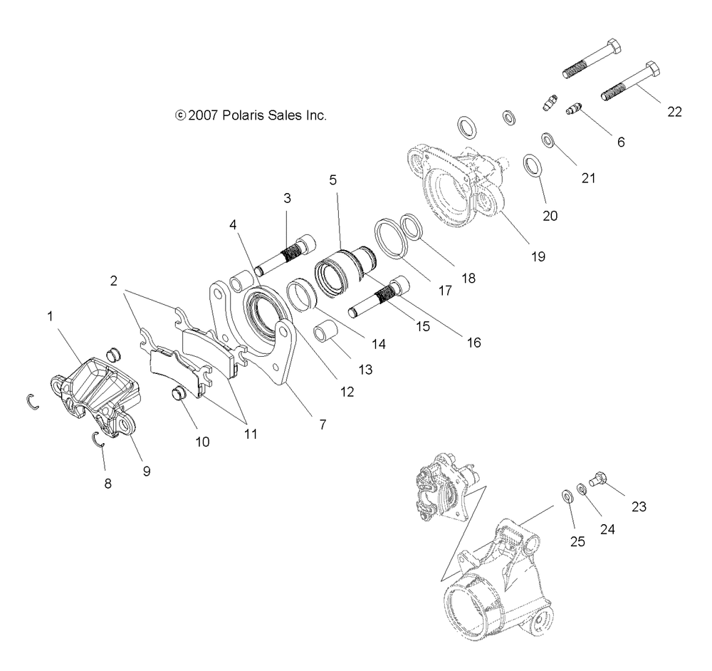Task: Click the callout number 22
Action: (674, 112)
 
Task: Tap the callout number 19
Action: (538, 256)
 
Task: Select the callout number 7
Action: (322, 425)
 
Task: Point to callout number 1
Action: (50, 316)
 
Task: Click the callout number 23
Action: (639, 507)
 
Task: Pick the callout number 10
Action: (202, 442)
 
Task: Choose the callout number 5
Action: (333, 181)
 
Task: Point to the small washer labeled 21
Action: (549, 139)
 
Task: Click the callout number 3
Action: (287, 198)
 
